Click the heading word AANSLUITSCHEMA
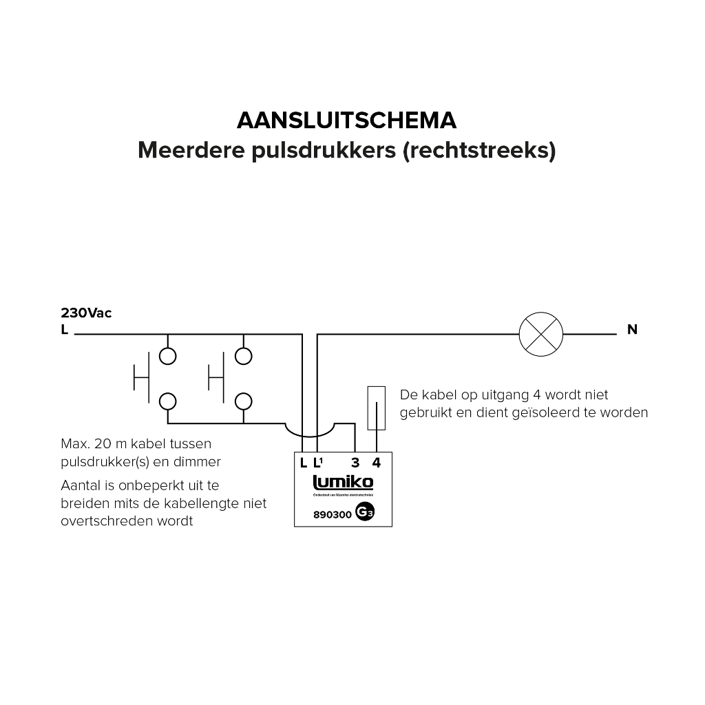pos(346,120)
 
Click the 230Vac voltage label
pos(86,313)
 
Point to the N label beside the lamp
pos(632,330)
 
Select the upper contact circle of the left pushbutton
pos(167,356)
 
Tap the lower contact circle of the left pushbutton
pos(167,401)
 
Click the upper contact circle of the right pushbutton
pos(242,356)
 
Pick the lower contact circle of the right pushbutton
pos(242,401)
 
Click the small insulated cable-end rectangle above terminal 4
pos(376,407)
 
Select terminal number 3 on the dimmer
pos(355,463)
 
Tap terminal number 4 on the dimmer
pos(376,463)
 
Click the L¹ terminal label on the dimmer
pos(318,463)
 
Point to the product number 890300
pos(333,514)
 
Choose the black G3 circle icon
pos(365,514)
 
